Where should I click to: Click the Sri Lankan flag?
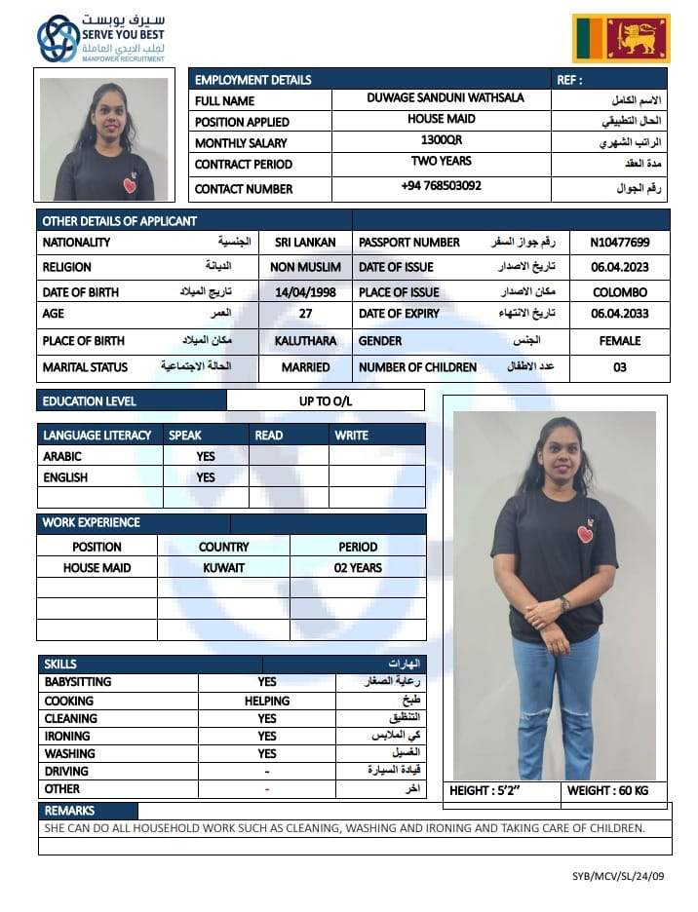[x=621, y=38]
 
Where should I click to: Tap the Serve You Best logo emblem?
[x=58, y=38]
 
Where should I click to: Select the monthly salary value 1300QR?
[x=441, y=140]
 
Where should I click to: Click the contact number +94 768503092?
[x=441, y=185]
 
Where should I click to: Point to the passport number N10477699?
[x=620, y=243]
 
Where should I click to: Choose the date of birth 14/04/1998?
[x=305, y=292]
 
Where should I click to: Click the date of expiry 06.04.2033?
[x=620, y=314]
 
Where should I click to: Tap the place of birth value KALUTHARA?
[x=305, y=342]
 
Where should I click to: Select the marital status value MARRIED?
[x=305, y=367]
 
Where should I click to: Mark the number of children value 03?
[x=620, y=367]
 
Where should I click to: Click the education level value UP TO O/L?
[x=326, y=400]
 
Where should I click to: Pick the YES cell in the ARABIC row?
[x=206, y=456]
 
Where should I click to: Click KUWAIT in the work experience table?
[x=223, y=567]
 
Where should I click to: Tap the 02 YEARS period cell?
[x=358, y=567]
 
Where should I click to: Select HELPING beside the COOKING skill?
[x=267, y=701]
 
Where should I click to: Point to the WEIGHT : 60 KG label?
[x=607, y=790]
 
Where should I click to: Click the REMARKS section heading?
[x=69, y=811]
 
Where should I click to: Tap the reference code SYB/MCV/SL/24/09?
[x=618, y=876]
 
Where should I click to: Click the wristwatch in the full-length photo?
[x=565, y=604]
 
